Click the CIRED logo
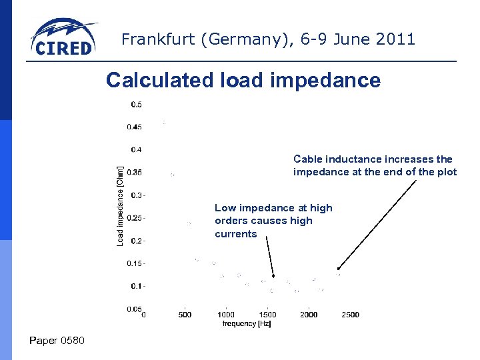(x=63, y=39)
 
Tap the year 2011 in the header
(x=396, y=39)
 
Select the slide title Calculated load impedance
(x=243, y=81)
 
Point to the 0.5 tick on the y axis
(x=135, y=104)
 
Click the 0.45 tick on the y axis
(x=134, y=127)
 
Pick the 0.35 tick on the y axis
(x=134, y=172)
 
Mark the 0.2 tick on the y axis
(x=135, y=240)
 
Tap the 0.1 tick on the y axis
(x=135, y=286)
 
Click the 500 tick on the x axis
(x=185, y=315)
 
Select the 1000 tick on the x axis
(x=226, y=315)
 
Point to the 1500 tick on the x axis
(x=267, y=315)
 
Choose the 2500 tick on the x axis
(x=350, y=315)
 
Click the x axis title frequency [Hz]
(x=247, y=323)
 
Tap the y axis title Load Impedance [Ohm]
(x=120, y=205)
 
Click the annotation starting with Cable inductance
(x=375, y=165)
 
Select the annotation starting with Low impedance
(x=273, y=221)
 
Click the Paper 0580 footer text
(x=57, y=341)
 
